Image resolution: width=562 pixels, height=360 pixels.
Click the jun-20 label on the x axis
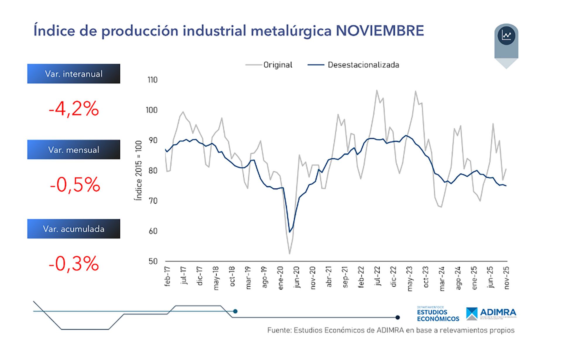point(297,277)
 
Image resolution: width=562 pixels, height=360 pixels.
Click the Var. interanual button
point(73,74)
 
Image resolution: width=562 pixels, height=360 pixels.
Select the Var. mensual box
point(73,150)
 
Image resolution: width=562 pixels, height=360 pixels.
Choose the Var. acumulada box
point(73,229)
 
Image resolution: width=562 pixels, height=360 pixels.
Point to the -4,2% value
point(73,109)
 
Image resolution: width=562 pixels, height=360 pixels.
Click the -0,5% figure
point(75,185)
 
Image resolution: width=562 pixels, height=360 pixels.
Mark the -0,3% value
point(73,264)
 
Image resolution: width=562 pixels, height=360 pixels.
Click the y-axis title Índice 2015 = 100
point(138,170)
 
